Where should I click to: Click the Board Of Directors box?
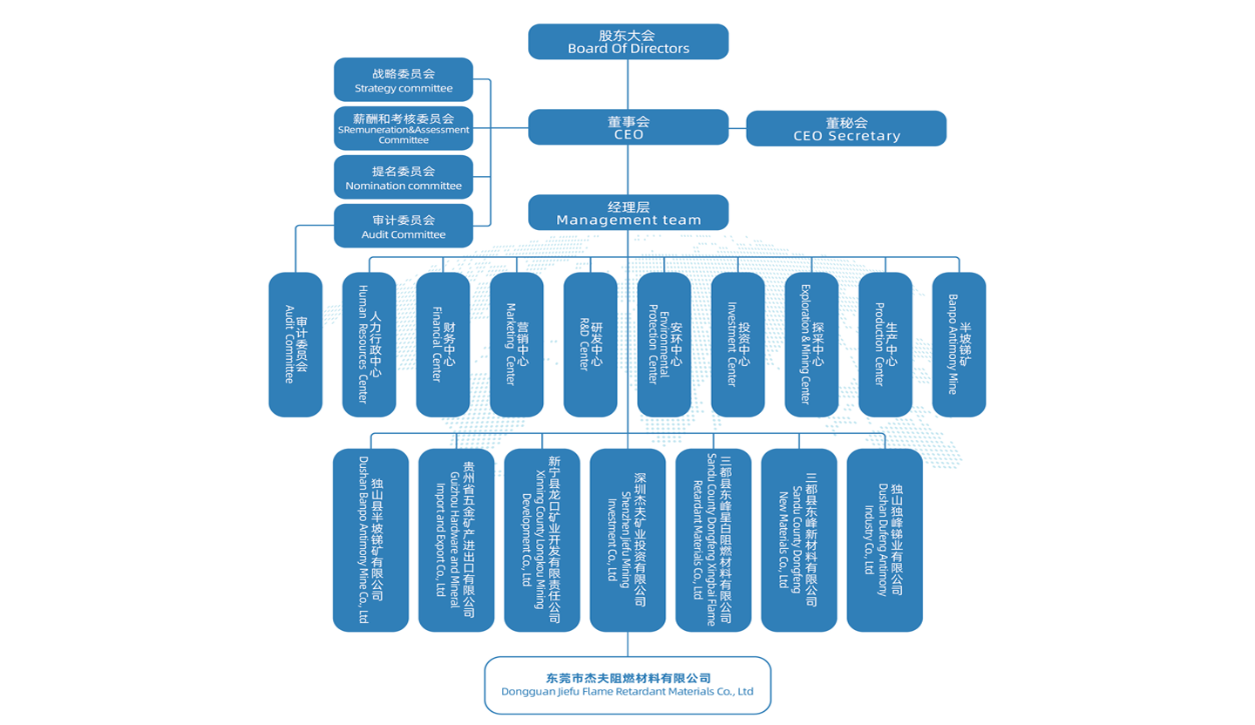click(x=628, y=42)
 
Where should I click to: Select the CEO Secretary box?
click(x=846, y=129)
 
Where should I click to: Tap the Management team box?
click(x=628, y=213)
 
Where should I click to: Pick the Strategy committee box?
click(x=404, y=80)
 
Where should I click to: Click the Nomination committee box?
click(x=404, y=178)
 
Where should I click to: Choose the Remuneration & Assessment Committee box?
click(x=404, y=129)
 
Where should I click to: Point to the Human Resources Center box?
click(x=370, y=345)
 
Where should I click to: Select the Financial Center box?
click(x=443, y=345)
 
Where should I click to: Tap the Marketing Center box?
click(x=517, y=345)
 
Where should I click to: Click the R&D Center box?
click(x=591, y=345)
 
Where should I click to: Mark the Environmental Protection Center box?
click(x=664, y=345)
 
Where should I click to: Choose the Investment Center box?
click(x=738, y=345)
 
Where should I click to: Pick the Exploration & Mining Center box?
click(x=811, y=345)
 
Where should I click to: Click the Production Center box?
click(x=885, y=345)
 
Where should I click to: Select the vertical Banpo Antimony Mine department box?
click(x=959, y=345)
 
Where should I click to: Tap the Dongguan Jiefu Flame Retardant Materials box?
click(x=627, y=685)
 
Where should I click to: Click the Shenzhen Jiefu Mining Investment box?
click(x=627, y=540)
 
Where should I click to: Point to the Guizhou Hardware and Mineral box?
click(x=457, y=540)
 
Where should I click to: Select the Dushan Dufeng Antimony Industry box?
click(x=885, y=540)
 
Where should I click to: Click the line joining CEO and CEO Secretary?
click(x=737, y=128)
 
